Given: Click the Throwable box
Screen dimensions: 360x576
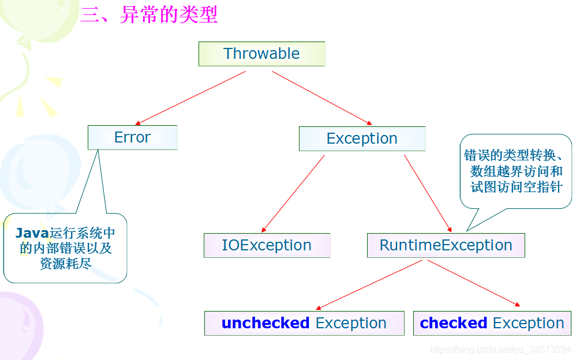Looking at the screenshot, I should (261, 54).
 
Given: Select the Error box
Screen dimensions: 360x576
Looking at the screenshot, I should (132, 137).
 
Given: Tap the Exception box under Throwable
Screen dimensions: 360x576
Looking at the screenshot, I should (362, 138).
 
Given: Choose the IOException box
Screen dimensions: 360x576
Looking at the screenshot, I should (267, 245).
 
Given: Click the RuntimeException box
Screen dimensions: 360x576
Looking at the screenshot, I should (446, 245).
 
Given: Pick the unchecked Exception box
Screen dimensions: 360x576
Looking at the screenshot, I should (304, 323).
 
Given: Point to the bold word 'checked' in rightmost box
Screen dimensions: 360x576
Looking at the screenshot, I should (454, 323).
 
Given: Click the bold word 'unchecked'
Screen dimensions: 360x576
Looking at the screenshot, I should (265, 323).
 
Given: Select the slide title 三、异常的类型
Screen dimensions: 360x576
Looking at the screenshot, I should (149, 14).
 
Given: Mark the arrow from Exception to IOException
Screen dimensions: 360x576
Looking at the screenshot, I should (293, 193).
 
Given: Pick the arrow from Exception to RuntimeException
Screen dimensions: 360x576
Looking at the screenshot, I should (428, 193).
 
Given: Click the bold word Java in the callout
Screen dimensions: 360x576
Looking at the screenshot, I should (32, 233).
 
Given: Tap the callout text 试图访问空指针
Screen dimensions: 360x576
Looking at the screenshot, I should (517, 187).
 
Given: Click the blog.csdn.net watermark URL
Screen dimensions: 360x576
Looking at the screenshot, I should (500, 350).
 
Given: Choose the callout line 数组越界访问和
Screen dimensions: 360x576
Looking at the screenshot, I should (517, 171).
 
